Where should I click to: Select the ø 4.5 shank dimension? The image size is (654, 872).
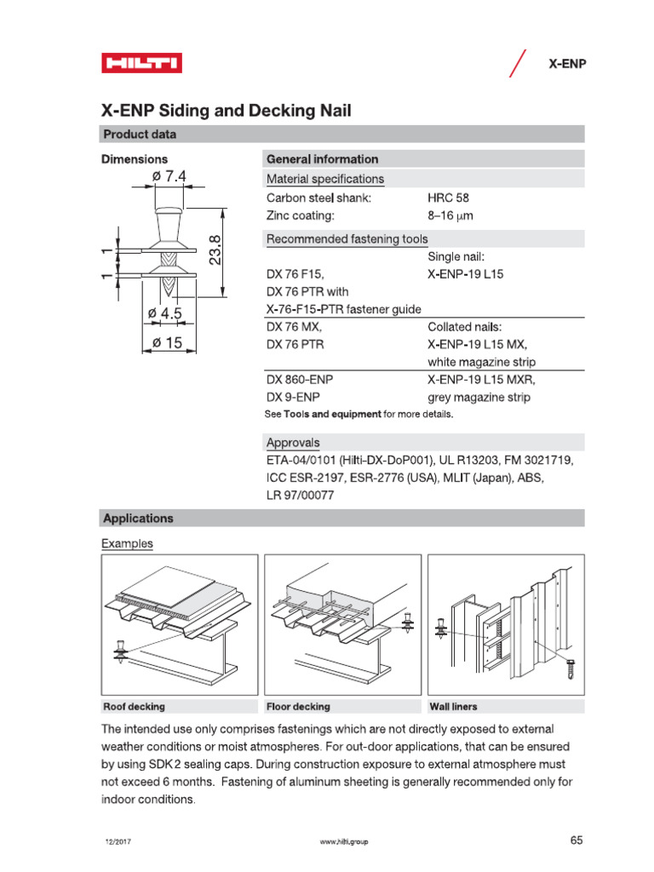point(164,313)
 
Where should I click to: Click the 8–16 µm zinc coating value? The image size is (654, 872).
point(450,216)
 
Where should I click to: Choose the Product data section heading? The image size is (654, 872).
point(140,134)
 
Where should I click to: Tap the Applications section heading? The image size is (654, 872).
point(138,518)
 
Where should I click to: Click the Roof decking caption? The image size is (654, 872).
point(134,707)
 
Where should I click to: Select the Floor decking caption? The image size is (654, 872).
point(298,707)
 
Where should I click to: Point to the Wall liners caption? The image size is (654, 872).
point(454,707)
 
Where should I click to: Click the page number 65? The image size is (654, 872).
point(577,840)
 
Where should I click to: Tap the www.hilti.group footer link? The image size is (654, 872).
point(346,842)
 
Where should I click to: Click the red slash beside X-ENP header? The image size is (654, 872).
point(515,63)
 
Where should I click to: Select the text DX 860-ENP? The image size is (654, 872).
point(300,380)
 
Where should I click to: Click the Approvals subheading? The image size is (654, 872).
point(294,443)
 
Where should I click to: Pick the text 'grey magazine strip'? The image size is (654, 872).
point(479,398)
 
